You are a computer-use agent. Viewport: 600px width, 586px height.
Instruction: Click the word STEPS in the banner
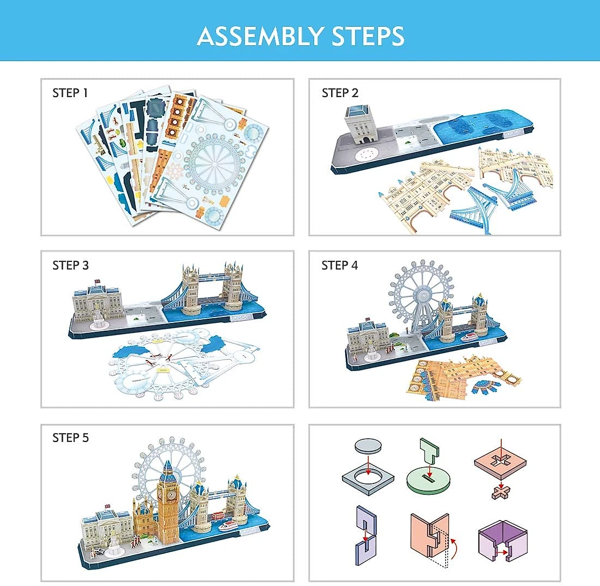point(368,37)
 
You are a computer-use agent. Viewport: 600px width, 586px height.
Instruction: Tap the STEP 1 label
point(70,93)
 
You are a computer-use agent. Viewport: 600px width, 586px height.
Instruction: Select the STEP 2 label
point(340,93)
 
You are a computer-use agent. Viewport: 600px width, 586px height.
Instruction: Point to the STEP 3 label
point(70,265)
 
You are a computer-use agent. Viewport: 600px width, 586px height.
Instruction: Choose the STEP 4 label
point(339,265)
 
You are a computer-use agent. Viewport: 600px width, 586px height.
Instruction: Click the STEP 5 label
point(70,438)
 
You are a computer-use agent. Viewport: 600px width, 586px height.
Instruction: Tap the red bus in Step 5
point(217,516)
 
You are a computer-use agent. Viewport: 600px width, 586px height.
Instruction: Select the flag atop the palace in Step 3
point(97,282)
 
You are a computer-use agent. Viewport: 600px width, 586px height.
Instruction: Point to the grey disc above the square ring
point(368,446)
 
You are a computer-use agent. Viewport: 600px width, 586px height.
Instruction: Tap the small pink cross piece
point(501,492)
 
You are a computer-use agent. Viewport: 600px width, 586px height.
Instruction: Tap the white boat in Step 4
point(469,337)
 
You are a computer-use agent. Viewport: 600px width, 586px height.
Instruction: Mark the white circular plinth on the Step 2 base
point(365,155)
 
